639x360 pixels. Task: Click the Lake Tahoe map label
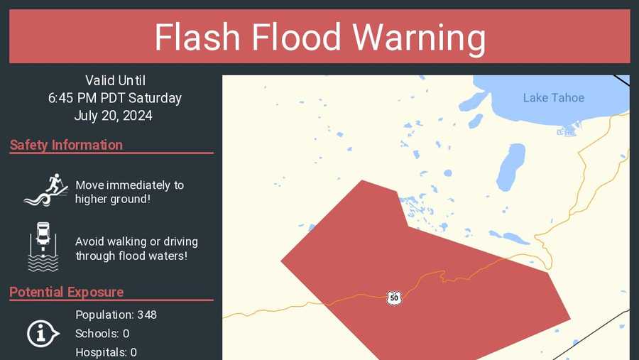click(x=553, y=98)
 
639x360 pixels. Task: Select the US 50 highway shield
click(x=394, y=298)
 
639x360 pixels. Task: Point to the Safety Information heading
click(x=66, y=145)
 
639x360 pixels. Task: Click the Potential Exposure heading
click(x=66, y=292)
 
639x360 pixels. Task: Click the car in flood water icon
click(x=43, y=246)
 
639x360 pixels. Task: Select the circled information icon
click(x=43, y=333)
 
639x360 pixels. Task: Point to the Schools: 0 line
click(x=102, y=334)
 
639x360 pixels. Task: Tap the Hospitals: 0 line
click(x=106, y=352)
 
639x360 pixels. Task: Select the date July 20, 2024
click(x=113, y=116)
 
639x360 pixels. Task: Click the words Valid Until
click(x=115, y=80)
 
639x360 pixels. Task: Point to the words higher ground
click(x=112, y=199)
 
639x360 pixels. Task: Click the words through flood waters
click(x=131, y=256)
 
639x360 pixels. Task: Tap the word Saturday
click(x=155, y=98)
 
